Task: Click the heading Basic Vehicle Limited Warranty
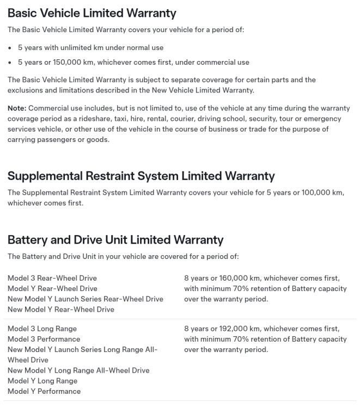click(x=91, y=12)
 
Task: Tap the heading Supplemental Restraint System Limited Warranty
click(x=141, y=176)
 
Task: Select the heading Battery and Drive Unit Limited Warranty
click(x=115, y=239)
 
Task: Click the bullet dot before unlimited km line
click(x=10, y=48)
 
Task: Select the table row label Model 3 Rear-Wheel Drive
click(x=52, y=278)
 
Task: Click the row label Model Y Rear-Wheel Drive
click(x=52, y=288)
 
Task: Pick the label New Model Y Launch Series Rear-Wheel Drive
click(x=85, y=299)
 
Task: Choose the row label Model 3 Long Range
click(x=42, y=329)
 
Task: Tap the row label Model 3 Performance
click(x=44, y=339)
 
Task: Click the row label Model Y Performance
click(x=44, y=391)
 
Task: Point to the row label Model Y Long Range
click(x=42, y=381)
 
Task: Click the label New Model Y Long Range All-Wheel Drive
click(x=78, y=370)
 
